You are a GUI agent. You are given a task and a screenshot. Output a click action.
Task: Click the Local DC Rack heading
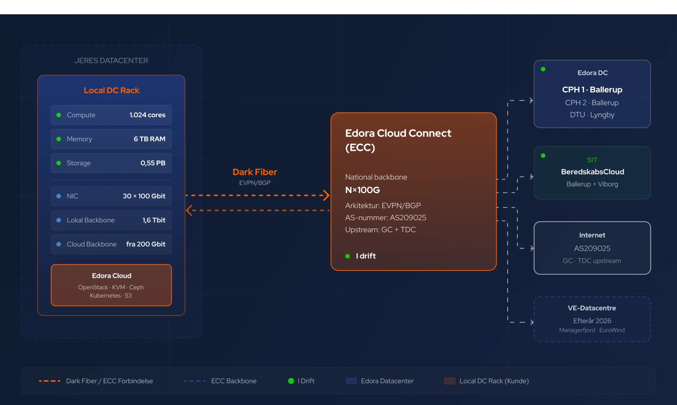click(x=111, y=90)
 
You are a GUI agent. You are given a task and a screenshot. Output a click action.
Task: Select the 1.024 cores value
click(x=148, y=115)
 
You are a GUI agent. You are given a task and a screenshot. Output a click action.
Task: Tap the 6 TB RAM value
click(x=149, y=139)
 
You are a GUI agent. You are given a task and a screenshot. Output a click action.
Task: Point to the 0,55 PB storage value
click(x=153, y=163)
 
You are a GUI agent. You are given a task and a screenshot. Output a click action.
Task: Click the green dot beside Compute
click(x=58, y=115)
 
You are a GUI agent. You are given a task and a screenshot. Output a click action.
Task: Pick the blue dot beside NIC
click(x=58, y=196)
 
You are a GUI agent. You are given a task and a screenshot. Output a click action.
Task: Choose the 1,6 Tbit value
click(x=154, y=220)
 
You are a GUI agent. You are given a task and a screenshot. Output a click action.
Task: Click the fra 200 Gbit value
click(x=145, y=244)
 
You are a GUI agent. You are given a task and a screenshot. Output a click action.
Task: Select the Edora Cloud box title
click(x=111, y=276)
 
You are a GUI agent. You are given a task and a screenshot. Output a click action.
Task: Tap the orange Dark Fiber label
click(x=255, y=172)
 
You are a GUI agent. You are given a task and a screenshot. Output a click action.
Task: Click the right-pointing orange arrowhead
click(x=326, y=195)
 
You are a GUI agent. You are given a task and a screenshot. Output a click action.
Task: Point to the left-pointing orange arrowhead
click(x=189, y=210)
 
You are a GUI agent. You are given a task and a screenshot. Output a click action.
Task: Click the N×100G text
click(x=362, y=190)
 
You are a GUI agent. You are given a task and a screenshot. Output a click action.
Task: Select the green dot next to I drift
click(x=347, y=256)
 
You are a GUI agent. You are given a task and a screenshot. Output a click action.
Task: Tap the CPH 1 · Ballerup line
click(x=592, y=90)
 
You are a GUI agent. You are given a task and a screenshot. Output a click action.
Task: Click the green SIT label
click(x=592, y=160)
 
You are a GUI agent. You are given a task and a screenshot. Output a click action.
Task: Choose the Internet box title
click(x=592, y=235)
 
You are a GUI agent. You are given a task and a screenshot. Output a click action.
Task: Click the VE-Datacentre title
click(x=592, y=308)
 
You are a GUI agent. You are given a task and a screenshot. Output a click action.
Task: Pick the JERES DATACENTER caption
click(x=111, y=60)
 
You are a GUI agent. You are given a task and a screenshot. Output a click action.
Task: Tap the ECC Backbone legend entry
click(x=220, y=381)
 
